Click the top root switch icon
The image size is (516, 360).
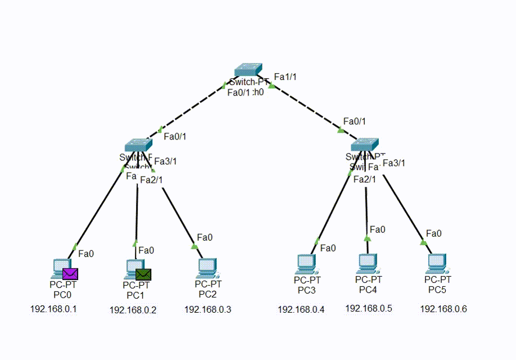[x=248, y=70]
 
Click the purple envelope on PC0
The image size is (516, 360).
[x=70, y=274]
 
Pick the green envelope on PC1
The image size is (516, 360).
[x=143, y=274]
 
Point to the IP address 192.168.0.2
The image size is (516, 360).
[x=133, y=309]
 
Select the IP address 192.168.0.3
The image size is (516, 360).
[x=207, y=309]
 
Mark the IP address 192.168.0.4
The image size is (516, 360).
[x=301, y=309]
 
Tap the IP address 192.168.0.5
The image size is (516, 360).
[x=368, y=308]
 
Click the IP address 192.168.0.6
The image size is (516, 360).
[x=443, y=309]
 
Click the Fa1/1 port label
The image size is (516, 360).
[x=285, y=76]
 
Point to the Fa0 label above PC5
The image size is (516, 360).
[x=433, y=233]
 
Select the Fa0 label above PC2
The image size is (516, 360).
[x=205, y=237]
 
